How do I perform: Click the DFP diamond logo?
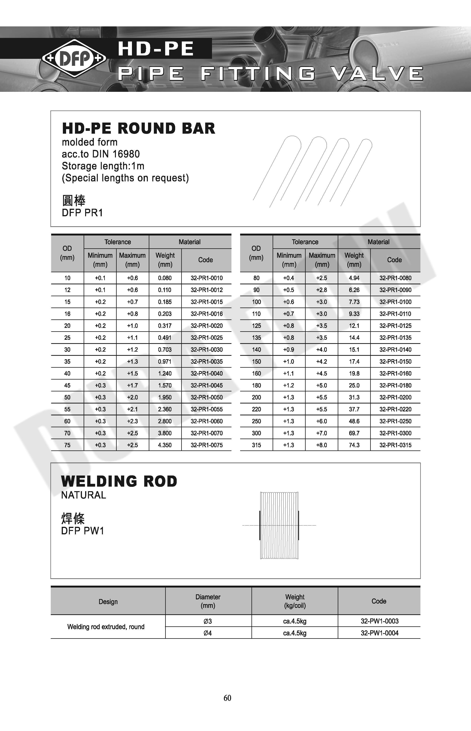click(x=74, y=58)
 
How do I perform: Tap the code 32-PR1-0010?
click(x=207, y=278)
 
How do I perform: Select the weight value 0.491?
click(x=165, y=338)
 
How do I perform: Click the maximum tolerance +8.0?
click(x=321, y=445)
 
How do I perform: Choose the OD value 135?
click(x=256, y=338)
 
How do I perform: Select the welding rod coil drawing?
click(x=279, y=525)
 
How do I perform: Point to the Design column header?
click(x=108, y=601)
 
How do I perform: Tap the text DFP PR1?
click(x=82, y=213)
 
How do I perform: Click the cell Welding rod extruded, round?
click(x=106, y=627)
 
